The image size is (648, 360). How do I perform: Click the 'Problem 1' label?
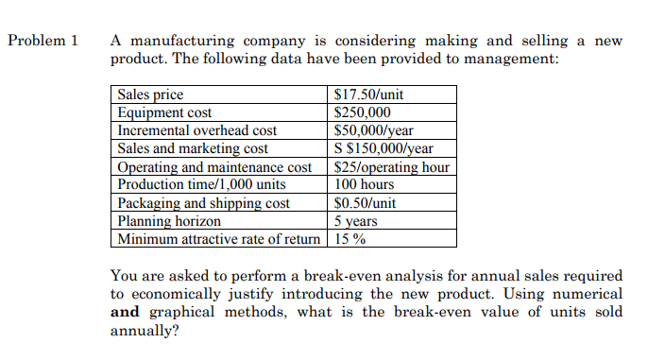click(43, 41)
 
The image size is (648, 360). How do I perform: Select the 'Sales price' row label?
click(151, 94)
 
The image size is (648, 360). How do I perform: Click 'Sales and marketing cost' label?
click(194, 148)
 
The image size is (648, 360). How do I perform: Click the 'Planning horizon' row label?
click(170, 220)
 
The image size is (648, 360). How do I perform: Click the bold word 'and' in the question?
click(125, 313)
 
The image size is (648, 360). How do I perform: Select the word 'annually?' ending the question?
click(145, 332)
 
